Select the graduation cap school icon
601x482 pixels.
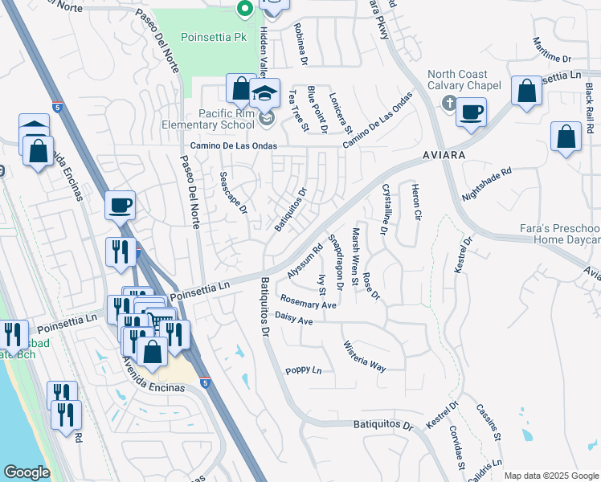(x=264, y=92)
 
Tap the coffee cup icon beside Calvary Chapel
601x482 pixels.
(x=472, y=112)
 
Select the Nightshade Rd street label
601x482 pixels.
(x=487, y=184)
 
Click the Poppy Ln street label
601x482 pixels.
(x=303, y=370)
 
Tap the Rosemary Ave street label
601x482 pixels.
(x=308, y=302)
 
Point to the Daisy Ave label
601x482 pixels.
(x=293, y=319)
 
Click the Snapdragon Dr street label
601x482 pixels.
(x=337, y=262)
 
